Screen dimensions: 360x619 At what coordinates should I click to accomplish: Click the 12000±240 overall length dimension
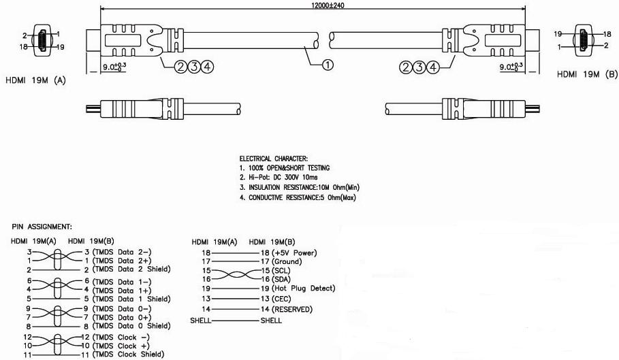(x=313, y=5)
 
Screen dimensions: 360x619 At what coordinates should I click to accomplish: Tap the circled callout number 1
(x=328, y=66)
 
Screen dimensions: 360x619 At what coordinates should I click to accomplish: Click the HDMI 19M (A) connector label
(x=35, y=79)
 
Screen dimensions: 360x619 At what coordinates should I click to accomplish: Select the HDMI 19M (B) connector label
(x=587, y=73)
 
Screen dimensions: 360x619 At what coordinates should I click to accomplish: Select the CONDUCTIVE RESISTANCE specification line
(x=297, y=197)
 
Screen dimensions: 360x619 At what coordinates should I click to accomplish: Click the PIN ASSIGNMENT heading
(x=42, y=226)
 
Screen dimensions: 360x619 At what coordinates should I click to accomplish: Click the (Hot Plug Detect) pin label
(x=304, y=288)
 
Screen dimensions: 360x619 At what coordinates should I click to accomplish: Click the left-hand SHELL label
(x=202, y=320)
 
